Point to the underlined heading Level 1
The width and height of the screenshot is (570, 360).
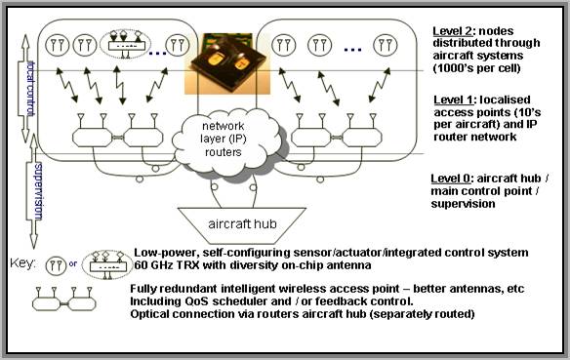(x=454, y=101)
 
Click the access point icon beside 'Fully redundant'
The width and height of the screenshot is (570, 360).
(x=63, y=298)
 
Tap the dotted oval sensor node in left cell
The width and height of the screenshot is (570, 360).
(x=121, y=41)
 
